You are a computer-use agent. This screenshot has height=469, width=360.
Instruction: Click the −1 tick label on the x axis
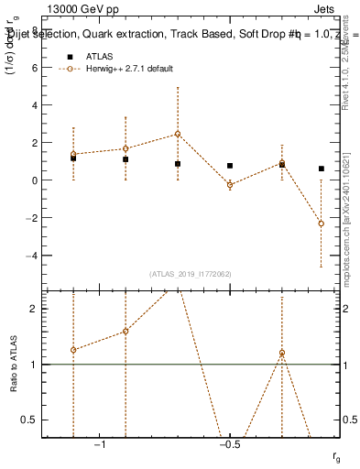click(x=100, y=444)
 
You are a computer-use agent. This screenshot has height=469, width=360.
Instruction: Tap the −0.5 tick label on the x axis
click(x=229, y=444)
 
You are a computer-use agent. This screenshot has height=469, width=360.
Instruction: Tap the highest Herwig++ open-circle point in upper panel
click(x=178, y=134)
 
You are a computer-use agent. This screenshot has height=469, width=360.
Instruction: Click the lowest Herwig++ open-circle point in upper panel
click(x=322, y=224)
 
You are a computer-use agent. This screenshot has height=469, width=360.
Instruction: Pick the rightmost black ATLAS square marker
click(x=322, y=169)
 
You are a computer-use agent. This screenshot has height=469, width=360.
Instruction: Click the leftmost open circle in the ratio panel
click(x=73, y=350)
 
